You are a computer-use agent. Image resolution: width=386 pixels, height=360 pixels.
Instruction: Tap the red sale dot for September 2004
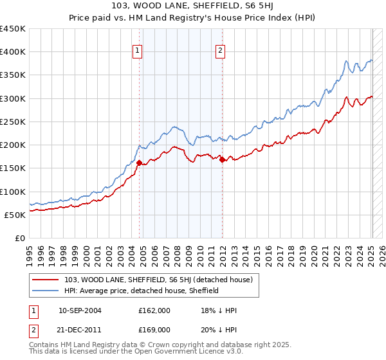139,163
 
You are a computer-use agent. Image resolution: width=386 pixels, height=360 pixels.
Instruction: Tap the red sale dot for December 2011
222,159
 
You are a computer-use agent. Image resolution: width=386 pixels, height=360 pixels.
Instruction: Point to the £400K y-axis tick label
12,52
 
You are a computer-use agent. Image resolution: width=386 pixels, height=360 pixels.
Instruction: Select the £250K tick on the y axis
12,122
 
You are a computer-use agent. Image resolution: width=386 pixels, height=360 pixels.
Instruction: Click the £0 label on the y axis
20,238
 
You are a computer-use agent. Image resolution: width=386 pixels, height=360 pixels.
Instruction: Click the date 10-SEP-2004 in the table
79,310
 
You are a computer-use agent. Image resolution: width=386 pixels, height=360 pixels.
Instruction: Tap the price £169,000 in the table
154,329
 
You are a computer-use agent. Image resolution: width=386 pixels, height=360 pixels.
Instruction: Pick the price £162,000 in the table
154,310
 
